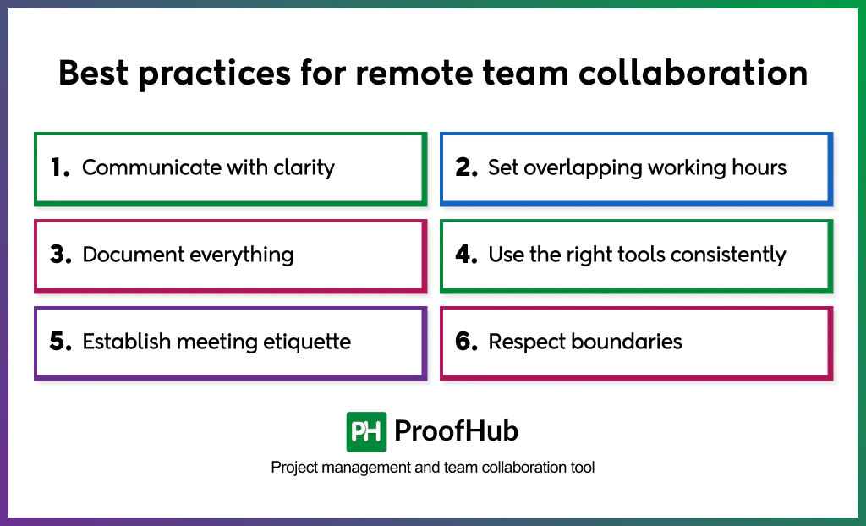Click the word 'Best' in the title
(x=93, y=74)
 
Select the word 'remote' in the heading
(x=409, y=74)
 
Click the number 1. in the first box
(x=60, y=168)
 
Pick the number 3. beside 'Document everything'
(x=61, y=255)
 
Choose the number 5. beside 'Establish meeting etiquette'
(x=61, y=342)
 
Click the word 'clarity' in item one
(x=304, y=167)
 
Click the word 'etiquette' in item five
(x=308, y=342)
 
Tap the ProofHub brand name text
(x=457, y=432)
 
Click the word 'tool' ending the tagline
(x=581, y=468)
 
